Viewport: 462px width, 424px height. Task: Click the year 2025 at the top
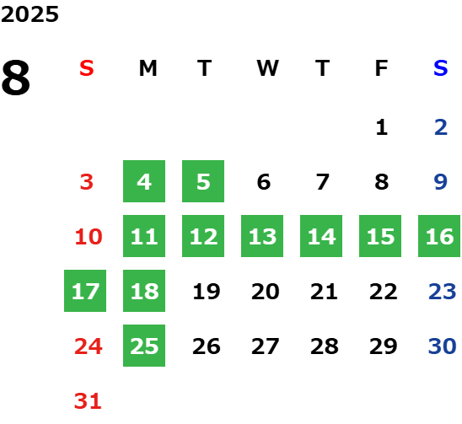tap(30, 14)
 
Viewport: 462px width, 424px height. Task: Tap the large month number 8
tap(16, 78)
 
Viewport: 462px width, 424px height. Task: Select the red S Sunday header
tap(87, 68)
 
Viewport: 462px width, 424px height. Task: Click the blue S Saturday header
tap(441, 68)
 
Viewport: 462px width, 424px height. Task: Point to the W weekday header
tap(267, 68)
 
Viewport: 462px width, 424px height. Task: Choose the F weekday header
tap(381, 68)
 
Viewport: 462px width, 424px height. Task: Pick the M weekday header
tap(148, 68)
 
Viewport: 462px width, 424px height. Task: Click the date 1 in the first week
tap(382, 127)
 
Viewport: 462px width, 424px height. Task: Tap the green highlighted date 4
tap(144, 181)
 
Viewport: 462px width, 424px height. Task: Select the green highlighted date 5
tap(203, 181)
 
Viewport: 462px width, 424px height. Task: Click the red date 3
tap(87, 181)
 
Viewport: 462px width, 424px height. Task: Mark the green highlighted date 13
tap(262, 236)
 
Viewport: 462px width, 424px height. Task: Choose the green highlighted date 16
tap(439, 236)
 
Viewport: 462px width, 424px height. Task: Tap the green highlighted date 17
tap(85, 291)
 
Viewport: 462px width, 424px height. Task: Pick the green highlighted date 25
tap(144, 346)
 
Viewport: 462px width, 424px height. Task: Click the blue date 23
tap(443, 291)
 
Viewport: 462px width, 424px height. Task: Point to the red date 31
tap(88, 400)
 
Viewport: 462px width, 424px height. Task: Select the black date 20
tap(266, 291)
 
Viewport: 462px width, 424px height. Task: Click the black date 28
tap(325, 346)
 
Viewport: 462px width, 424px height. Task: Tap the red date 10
tap(89, 236)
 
